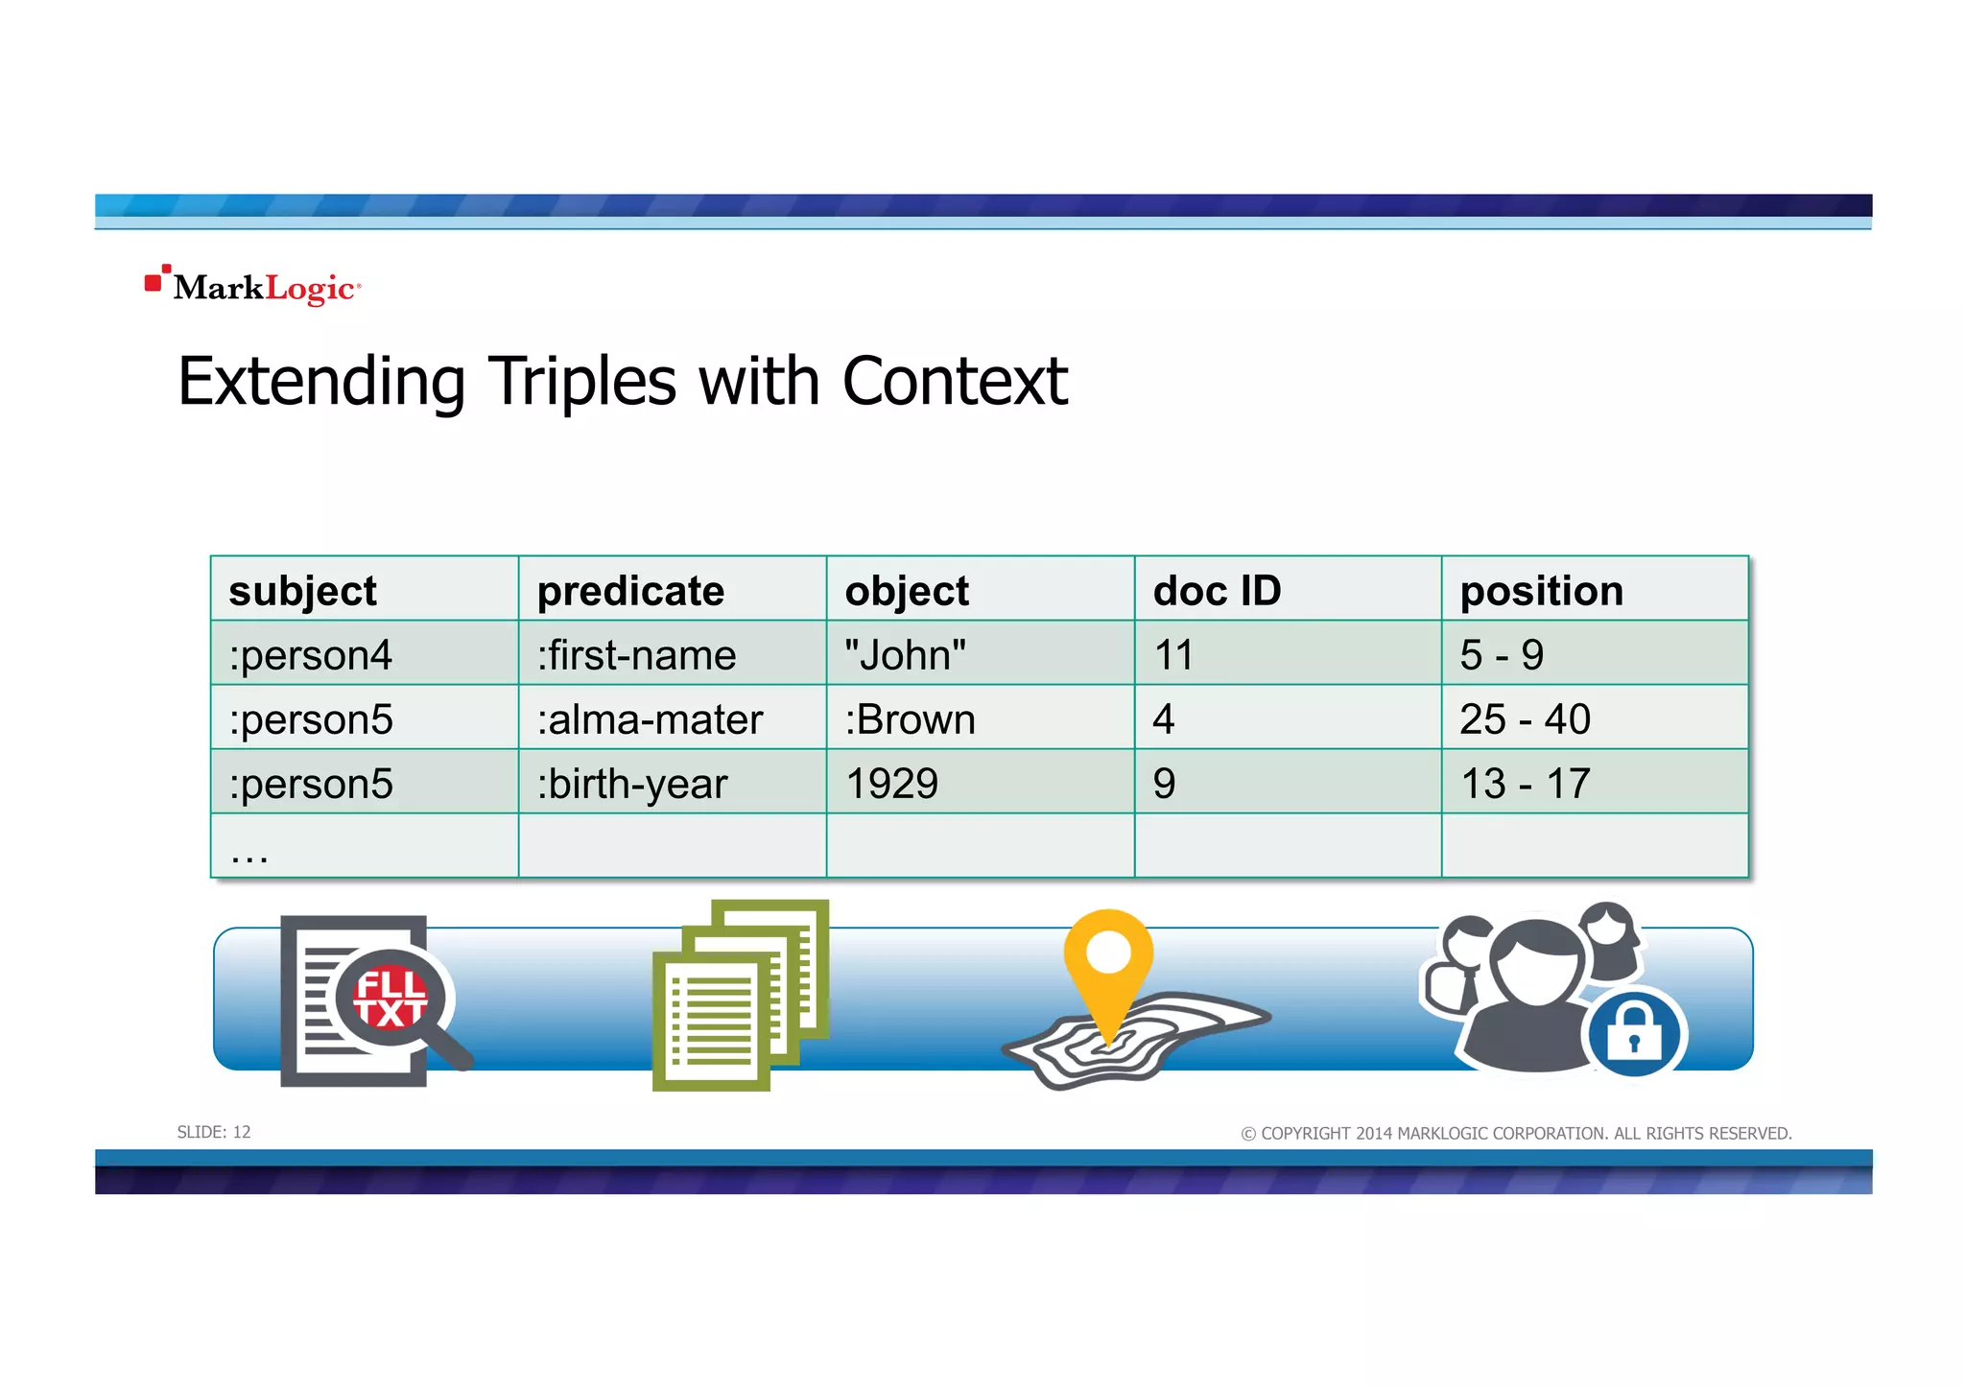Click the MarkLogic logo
[253, 286]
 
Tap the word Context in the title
[954, 382]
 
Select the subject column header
[302, 591]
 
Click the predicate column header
[630, 591]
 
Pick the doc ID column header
[1217, 591]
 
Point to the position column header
[1541, 591]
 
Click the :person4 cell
[310, 655]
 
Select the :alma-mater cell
[650, 719]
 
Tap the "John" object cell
[905, 655]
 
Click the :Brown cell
[910, 719]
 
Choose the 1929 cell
[891, 784]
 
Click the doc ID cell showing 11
[1173, 655]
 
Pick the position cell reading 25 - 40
[1525, 719]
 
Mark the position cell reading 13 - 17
[1525, 784]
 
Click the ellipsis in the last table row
[249, 854]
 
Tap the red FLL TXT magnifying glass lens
[390, 999]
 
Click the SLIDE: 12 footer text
[214, 1133]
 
